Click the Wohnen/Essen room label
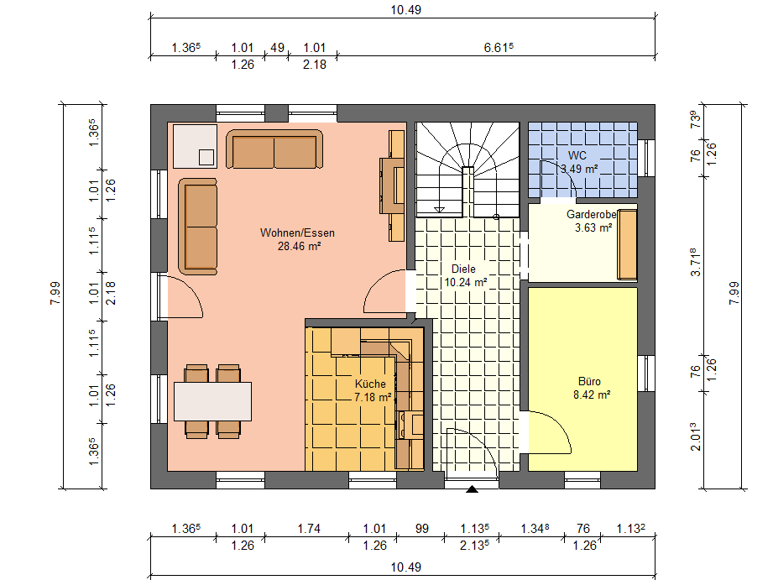[297, 233]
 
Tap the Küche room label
[370, 384]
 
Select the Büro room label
[589, 381]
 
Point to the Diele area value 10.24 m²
[466, 282]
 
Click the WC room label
[577, 155]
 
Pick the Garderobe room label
[592, 215]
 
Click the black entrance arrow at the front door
[472, 489]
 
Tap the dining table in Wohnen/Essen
[212, 401]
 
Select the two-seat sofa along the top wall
[274, 149]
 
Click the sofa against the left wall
[198, 227]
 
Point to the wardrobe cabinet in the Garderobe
[628, 244]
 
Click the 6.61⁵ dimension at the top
[499, 47]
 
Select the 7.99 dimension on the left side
[55, 293]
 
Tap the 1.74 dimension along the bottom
[309, 529]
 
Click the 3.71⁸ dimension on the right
[695, 262]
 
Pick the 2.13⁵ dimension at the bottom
[474, 546]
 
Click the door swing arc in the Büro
[557, 423]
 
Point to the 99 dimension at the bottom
[422, 529]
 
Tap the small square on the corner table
[206, 157]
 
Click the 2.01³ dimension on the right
[695, 436]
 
